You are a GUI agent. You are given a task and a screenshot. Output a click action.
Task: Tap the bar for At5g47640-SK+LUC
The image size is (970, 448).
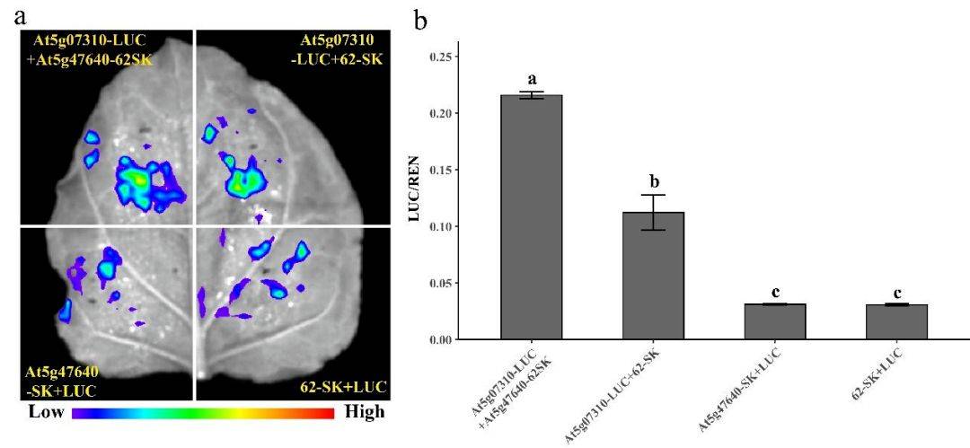tap(774, 321)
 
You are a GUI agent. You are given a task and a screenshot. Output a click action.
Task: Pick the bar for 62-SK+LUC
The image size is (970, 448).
tap(896, 321)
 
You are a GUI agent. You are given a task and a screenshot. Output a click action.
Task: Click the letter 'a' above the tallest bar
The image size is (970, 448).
tap(531, 81)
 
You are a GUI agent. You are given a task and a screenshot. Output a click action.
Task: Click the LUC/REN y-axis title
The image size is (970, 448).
tap(416, 198)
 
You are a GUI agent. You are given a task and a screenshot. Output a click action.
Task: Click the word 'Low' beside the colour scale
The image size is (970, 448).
tap(45, 413)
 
